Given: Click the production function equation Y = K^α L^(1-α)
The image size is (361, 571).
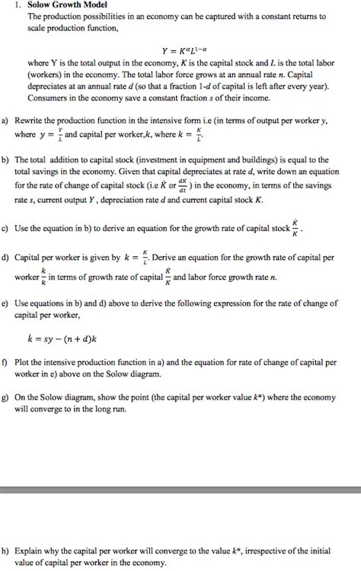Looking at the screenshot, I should (x=180, y=55).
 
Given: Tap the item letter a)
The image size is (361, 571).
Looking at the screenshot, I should (x=5, y=120).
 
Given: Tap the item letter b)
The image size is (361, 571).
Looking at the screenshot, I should (x=5, y=160).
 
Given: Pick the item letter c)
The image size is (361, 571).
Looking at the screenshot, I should (x=5, y=228).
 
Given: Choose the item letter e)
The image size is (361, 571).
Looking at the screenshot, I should (x=5, y=302).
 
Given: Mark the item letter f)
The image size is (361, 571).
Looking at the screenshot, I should (x=5, y=364).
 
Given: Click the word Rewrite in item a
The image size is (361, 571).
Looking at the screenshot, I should (x=42, y=120).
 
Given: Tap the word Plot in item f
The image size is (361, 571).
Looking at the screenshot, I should (x=34, y=364).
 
